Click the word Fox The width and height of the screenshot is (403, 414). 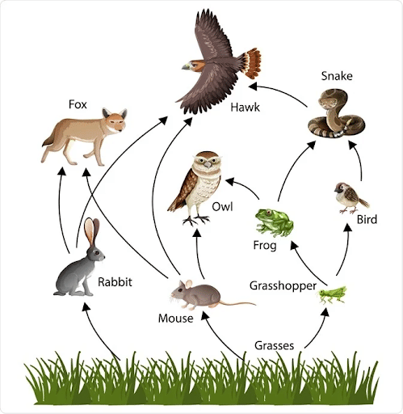pyautogui.click(x=78, y=104)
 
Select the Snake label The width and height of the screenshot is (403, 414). pyautogui.click(x=336, y=76)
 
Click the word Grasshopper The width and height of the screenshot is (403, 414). pyautogui.click(x=282, y=285)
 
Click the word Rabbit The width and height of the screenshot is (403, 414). pyautogui.click(x=115, y=282)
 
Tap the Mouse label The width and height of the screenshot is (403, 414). pyautogui.click(x=176, y=318)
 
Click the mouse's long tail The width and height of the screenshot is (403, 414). pyautogui.click(x=237, y=304)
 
